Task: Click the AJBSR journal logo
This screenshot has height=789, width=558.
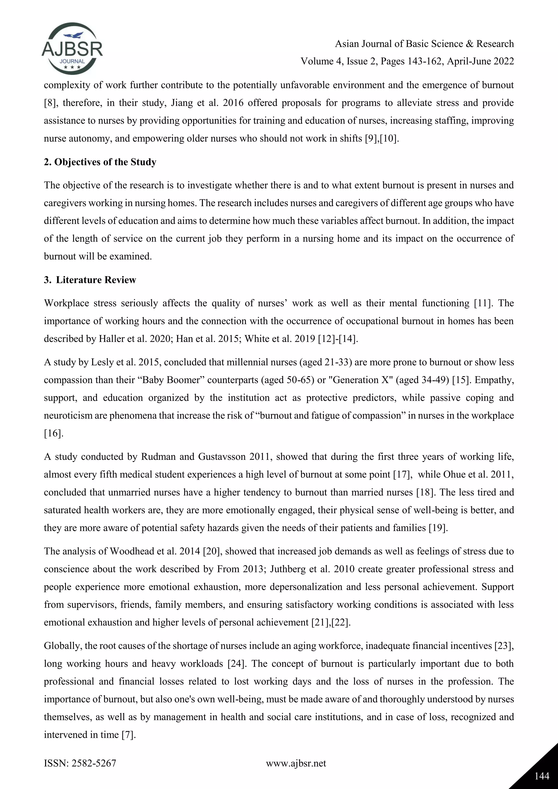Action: (x=72, y=48)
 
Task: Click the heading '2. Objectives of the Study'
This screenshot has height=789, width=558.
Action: (x=100, y=162)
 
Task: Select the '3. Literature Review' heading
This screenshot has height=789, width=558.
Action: (x=90, y=280)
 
